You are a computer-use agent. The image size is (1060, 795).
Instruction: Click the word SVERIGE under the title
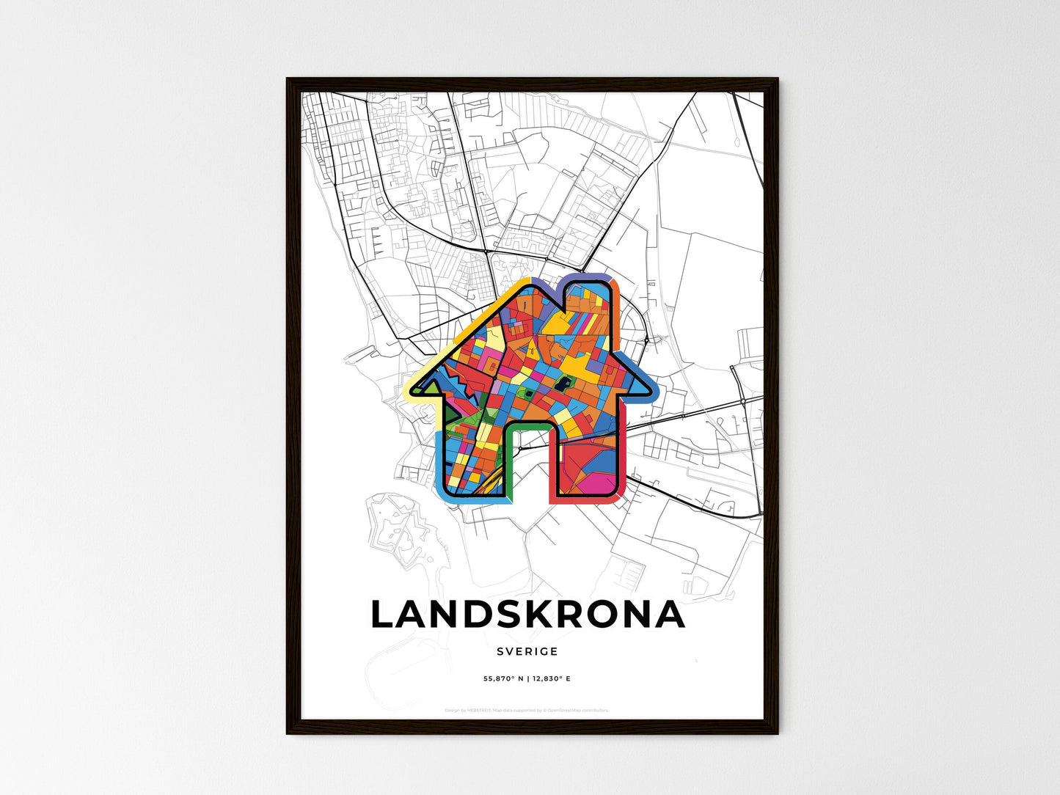527,651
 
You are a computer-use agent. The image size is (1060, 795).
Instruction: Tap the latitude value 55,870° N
503,679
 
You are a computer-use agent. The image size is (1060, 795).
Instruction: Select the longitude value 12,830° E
551,679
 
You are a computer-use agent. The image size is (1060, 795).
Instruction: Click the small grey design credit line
527,710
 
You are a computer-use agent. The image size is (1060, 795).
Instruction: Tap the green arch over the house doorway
529,425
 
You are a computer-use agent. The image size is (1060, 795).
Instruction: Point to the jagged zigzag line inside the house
458,381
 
